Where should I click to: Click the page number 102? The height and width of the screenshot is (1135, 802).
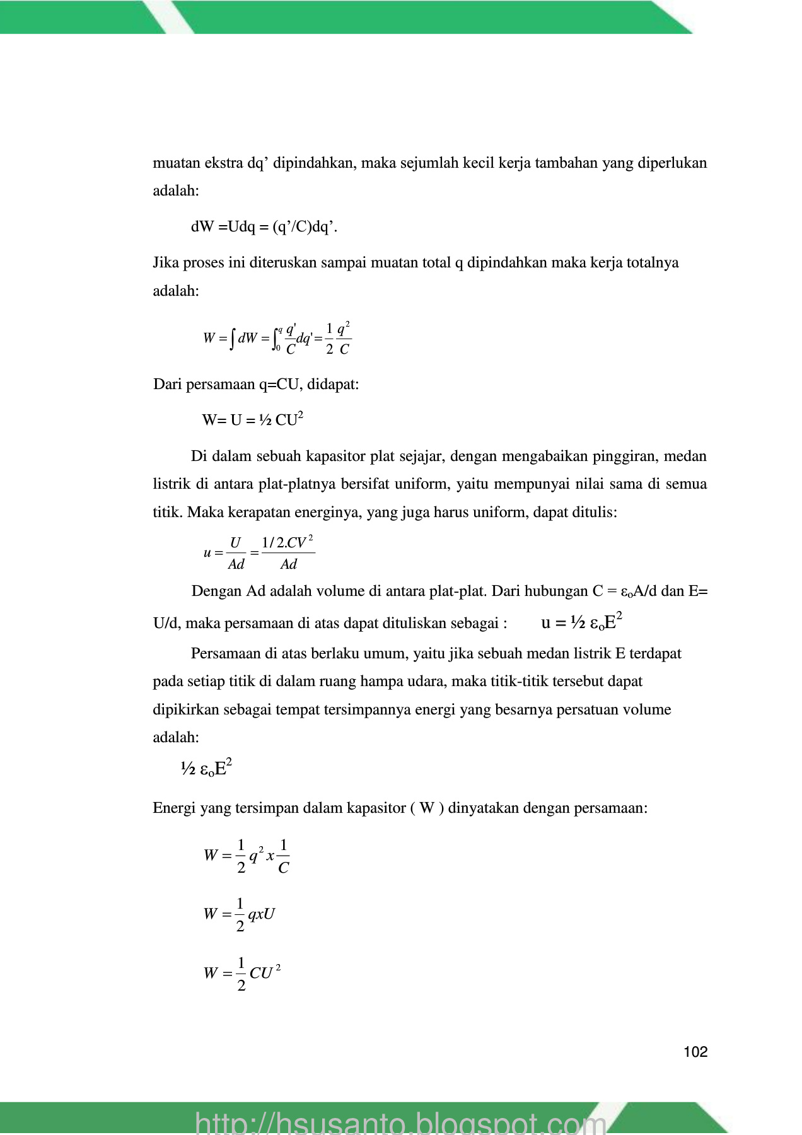coord(695,1052)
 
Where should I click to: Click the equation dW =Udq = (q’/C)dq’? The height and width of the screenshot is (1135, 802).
coord(264,227)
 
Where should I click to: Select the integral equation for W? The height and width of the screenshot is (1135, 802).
coord(277,339)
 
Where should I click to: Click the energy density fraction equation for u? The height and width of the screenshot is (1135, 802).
coord(259,553)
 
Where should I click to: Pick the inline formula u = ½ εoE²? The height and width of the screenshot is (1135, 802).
coord(582,622)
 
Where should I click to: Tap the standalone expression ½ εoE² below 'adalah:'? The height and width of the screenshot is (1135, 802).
coord(206,769)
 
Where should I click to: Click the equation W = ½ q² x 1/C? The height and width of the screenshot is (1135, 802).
coord(247,856)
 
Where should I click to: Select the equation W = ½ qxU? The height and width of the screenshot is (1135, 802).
coord(239,914)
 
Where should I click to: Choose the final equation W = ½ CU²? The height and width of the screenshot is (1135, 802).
coord(241,973)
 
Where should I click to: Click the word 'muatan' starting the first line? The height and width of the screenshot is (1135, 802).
coord(172,163)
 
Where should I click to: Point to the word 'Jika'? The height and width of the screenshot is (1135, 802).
coord(166,262)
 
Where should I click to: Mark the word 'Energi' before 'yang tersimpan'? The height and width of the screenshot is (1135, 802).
coord(174,808)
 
